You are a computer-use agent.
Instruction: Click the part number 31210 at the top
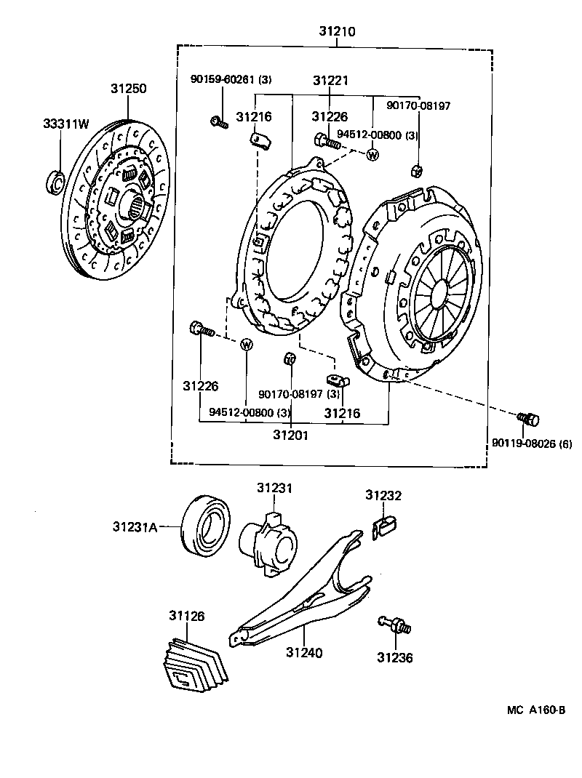(x=336, y=33)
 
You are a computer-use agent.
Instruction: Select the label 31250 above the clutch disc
(x=129, y=89)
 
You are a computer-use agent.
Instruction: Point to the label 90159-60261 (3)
(x=231, y=80)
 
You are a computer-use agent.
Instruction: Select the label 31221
(x=331, y=80)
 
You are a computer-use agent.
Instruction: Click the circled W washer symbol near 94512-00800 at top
(x=372, y=154)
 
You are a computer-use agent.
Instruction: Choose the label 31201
(x=291, y=436)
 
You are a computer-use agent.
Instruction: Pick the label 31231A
(x=135, y=526)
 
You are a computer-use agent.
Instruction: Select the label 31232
(x=383, y=496)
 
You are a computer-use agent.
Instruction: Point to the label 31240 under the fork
(x=304, y=653)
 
